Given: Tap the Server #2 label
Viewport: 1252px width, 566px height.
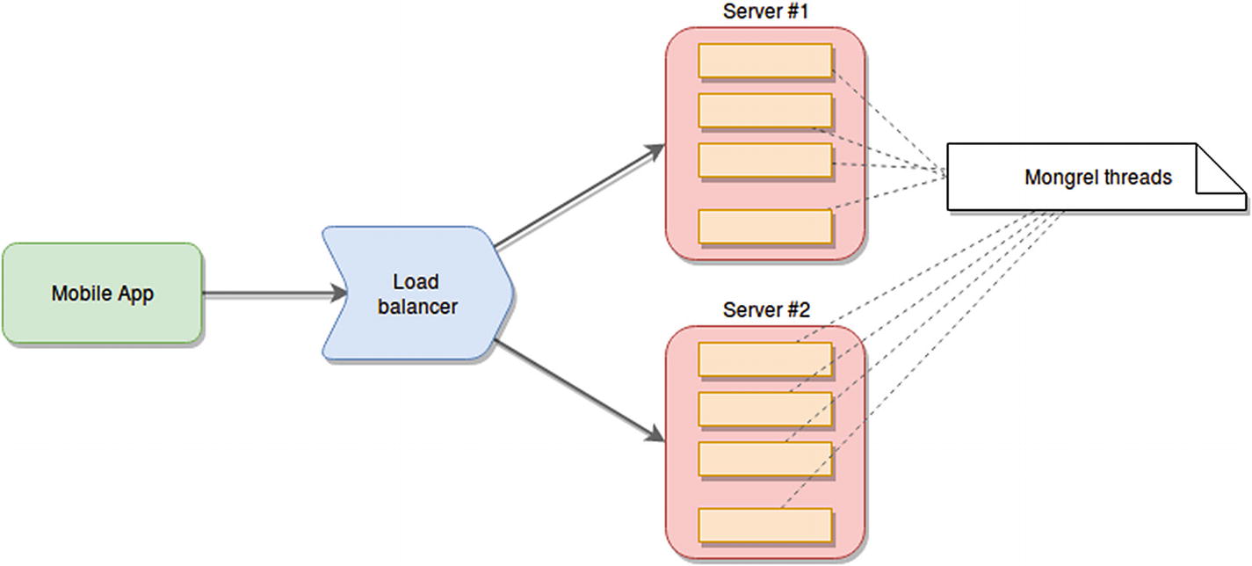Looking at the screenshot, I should (x=766, y=310).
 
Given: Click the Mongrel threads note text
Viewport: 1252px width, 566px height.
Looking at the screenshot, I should (x=1097, y=178).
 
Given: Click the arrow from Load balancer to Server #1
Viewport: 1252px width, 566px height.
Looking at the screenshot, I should (x=580, y=197).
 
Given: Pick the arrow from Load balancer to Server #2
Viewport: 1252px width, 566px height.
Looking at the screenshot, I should (x=580, y=389).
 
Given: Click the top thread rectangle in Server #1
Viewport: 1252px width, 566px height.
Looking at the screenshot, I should (x=764, y=61).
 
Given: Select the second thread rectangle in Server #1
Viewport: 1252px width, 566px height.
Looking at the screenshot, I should (x=764, y=110).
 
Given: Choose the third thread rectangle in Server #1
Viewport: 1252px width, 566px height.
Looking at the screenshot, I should (x=764, y=160).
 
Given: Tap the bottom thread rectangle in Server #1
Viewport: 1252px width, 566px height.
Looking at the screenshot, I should (x=764, y=226).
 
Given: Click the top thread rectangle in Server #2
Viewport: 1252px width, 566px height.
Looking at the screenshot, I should (x=764, y=359).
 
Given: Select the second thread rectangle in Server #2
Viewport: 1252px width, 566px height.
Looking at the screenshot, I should (x=764, y=409).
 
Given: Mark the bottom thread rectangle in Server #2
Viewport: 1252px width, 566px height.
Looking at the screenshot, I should (x=764, y=525).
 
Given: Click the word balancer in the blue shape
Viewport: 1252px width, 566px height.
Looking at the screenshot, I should (x=417, y=308).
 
